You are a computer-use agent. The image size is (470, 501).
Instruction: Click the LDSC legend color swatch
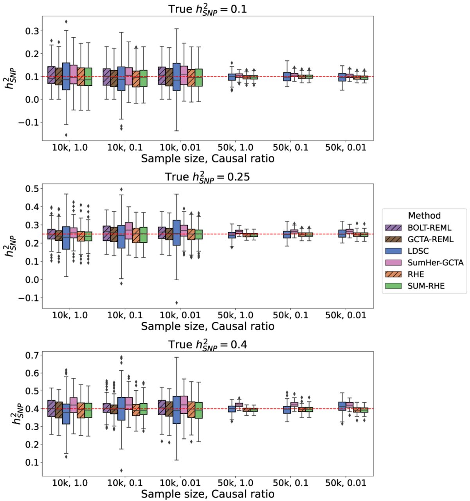coord(394,251)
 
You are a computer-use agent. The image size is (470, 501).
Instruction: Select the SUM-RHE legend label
coord(426,286)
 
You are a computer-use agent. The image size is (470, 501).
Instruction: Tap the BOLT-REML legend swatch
coord(394,227)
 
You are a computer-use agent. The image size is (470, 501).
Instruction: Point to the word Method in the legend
coord(424,216)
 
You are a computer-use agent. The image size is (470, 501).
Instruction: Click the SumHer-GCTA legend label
coord(436,263)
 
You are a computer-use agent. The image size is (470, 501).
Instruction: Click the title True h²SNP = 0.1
coord(208,9)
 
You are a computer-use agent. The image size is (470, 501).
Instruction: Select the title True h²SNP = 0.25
coord(208,177)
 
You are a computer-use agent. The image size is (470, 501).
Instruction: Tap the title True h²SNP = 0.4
coord(208,344)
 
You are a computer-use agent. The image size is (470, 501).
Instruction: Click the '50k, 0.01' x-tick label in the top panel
coord(346,148)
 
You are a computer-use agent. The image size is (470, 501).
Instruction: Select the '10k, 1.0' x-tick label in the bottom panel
coord(70,483)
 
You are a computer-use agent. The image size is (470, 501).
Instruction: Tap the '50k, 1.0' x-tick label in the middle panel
coord(235,315)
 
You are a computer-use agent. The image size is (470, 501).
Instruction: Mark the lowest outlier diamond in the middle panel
coord(176,303)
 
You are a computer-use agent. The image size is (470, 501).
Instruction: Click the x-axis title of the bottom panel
coord(208,494)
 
